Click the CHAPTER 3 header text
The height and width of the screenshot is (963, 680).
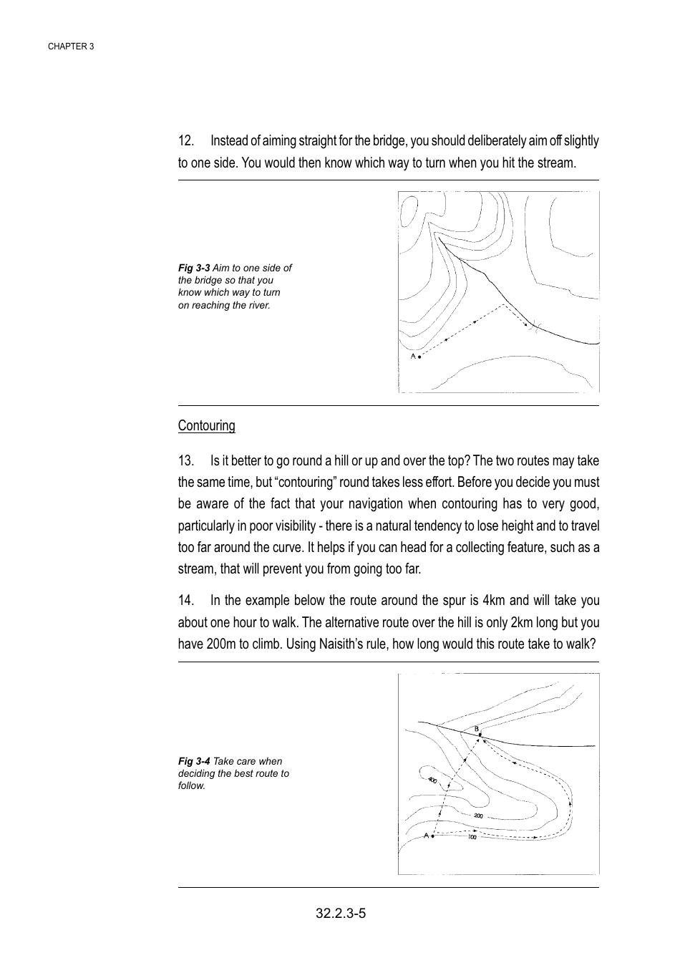coord(71,46)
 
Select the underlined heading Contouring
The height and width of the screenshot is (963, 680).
coord(206,425)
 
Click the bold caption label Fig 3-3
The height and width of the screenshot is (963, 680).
coord(194,268)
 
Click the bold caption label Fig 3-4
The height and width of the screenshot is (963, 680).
coord(194,761)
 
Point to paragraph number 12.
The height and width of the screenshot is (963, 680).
coord(186,140)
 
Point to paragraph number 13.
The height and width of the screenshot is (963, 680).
coord(186,460)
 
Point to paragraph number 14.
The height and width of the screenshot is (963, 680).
coord(186,600)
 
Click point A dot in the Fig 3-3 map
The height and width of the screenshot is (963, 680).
coord(419,357)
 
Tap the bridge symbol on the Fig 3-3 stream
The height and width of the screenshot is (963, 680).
coord(536,328)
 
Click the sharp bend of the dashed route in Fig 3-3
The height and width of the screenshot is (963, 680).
coord(504,305)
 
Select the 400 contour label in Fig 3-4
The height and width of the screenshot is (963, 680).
coord(432,780)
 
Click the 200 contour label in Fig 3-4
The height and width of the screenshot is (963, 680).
coord(478,816)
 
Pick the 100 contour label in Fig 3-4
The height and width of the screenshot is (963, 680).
coord(472,837)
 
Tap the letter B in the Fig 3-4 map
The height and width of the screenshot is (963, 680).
coord(477,728)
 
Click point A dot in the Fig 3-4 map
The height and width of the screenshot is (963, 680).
coord(433,836)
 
